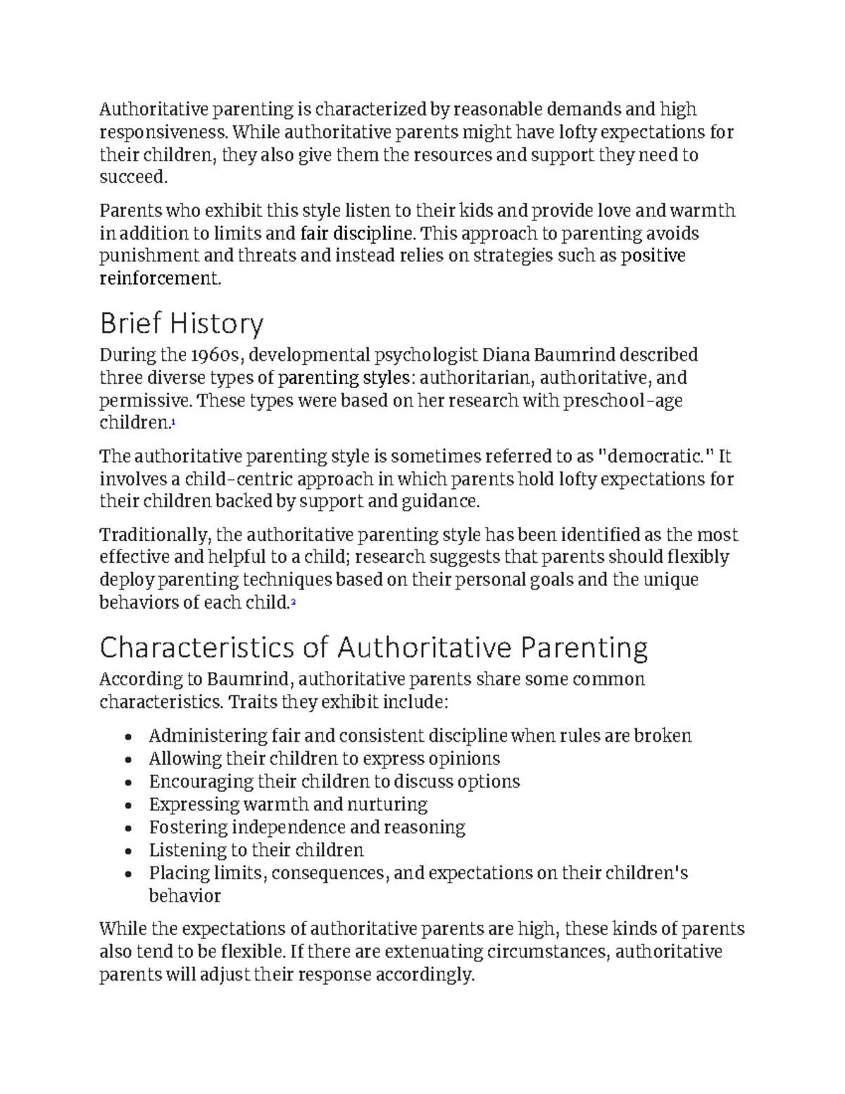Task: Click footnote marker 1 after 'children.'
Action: click(173, 422)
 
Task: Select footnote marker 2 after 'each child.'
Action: click(293, 602)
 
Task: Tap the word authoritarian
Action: click(475, 378)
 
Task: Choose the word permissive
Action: click(144, 401)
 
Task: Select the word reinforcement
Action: click(159, 278)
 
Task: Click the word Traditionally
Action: click(155, 535)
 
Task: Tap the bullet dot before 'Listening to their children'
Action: click(128, 852)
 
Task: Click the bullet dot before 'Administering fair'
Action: click(128, 738)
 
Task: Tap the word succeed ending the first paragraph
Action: click(132, 177)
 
